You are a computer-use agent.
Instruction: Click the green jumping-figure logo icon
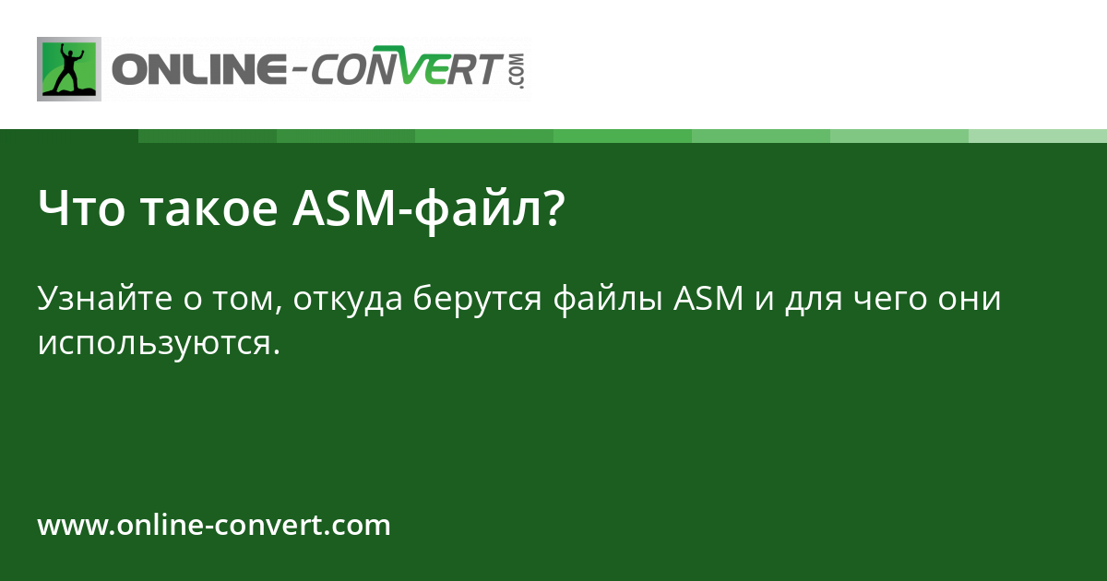point(69,68)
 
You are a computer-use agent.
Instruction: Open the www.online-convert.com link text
point(214,526)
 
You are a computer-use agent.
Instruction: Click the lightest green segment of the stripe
point(1038,136)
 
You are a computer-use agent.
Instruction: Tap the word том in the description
point(251,300)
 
